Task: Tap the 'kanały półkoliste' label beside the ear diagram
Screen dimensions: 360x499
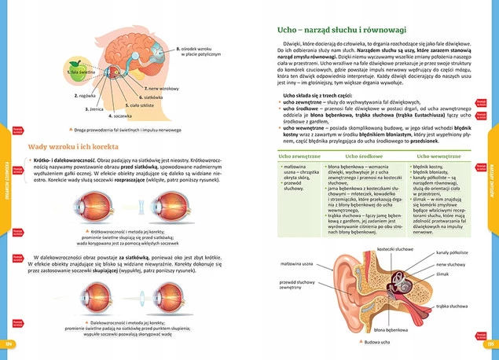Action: (x=452, y=252)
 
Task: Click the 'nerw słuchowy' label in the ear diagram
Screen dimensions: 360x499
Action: (x=449, y=265)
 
